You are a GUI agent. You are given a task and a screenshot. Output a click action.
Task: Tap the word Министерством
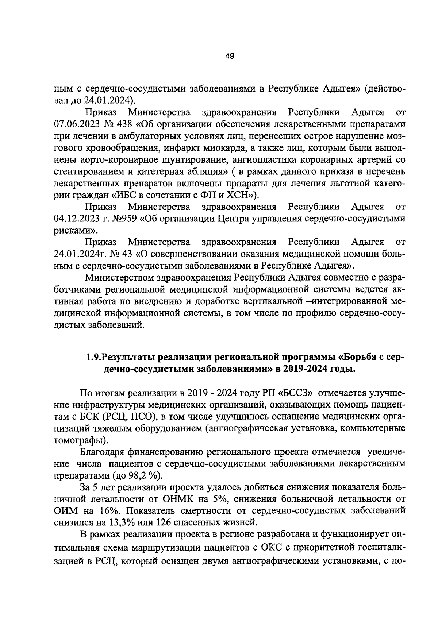click(121, 278)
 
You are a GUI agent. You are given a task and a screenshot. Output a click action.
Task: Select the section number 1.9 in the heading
click(93, 357)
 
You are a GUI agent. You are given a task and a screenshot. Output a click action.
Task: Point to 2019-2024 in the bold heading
click(306, 369)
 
